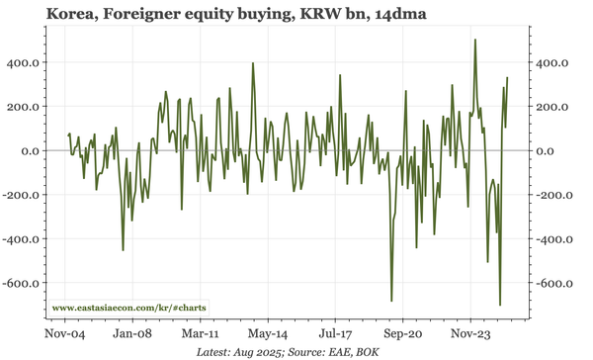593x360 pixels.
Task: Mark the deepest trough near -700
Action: click(x=500, y=305)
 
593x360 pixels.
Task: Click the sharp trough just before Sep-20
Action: click(x=391, y=301)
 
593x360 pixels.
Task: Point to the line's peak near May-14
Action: click(x=253, y=63)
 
